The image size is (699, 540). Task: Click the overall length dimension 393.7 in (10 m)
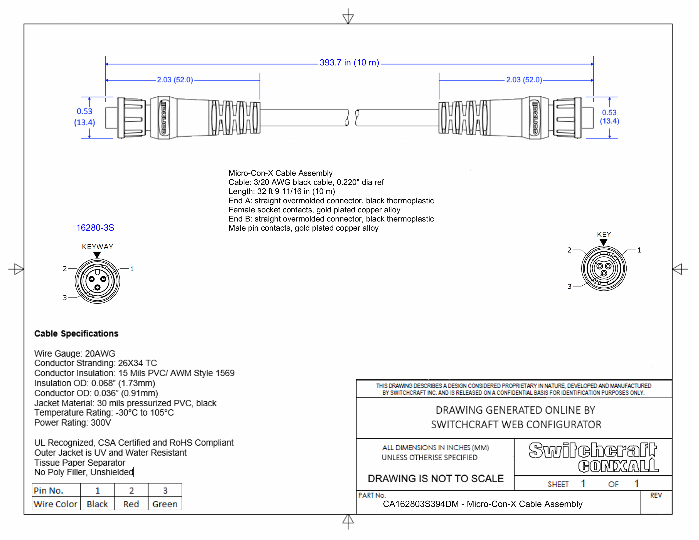[x=349, y=63]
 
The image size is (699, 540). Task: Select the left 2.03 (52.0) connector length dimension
[x=175, y=80]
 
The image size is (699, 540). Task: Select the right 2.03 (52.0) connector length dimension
[x=524, y=80]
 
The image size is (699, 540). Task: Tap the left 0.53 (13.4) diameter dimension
[x=85, y=117]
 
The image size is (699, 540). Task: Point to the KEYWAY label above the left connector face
[x=97, y=247]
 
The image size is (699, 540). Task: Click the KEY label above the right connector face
[x=604, y=234]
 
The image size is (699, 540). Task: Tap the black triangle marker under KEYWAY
[x=97, y=255]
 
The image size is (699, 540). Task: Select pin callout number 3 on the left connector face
[x=65, y=298]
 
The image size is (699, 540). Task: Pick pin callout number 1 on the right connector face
[x=639, y=250]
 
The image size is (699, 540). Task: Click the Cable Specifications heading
[x=76, y=334]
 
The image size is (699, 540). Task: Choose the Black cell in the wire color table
[x=97, y=504]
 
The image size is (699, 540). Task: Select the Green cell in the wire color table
[x=165, y=504]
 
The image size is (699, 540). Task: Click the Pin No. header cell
[x=49, y=490]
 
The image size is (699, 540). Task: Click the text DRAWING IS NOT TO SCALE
[x=435, y=479]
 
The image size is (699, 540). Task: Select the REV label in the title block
[x=656, y=496]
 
